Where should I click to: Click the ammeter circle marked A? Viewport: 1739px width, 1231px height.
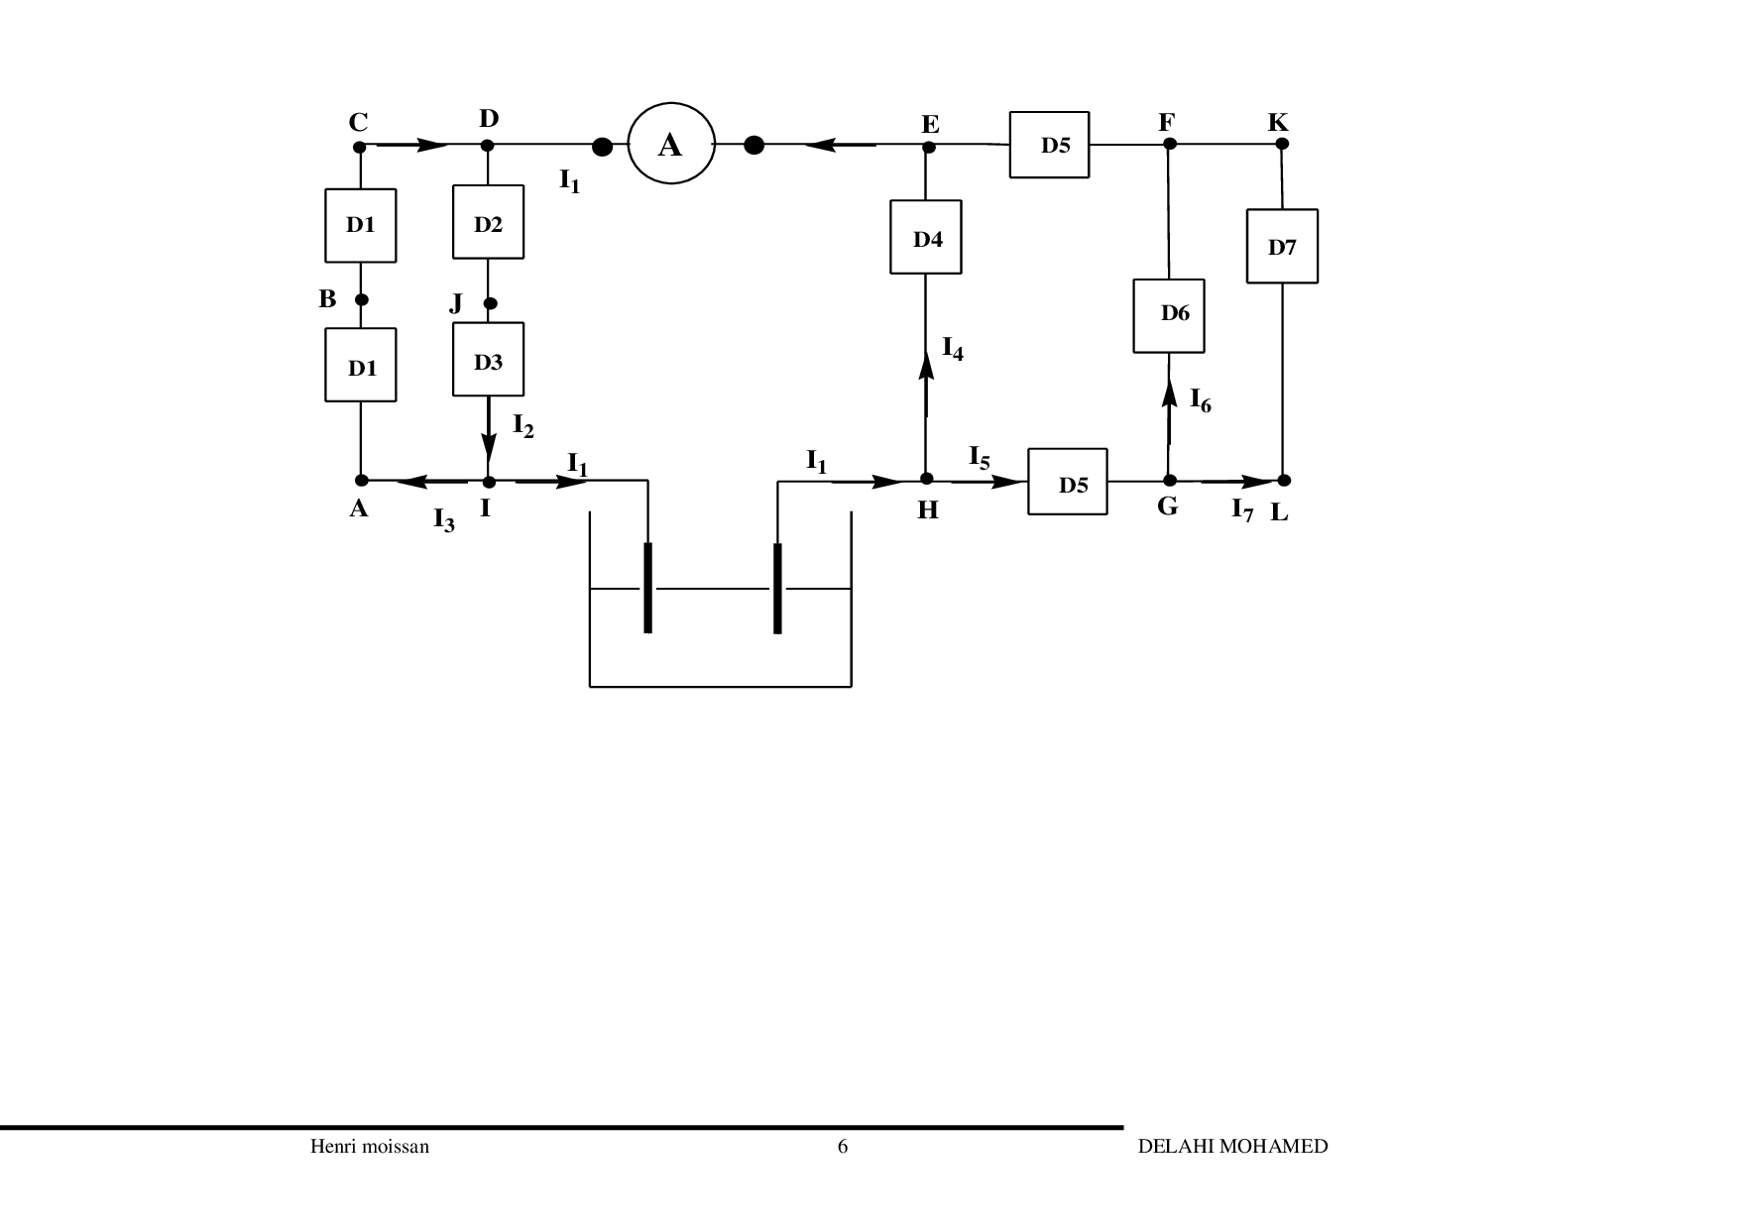pyautogui.click(x=671, y=144)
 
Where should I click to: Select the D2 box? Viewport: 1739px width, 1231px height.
pyautogui.click(x=488, y=222)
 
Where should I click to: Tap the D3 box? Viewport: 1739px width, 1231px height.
pyautogui.click(x=488, y=359)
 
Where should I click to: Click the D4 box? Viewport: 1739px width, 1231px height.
pyautogui.click(x=926, y=237)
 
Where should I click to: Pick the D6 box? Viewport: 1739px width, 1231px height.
pyautogui.click(x=1169, y=315)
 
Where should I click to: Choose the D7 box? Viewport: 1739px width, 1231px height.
pyautogui.click(x=1282, y=246)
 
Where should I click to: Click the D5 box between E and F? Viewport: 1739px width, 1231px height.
pyautogui.click(x=1050, y=145)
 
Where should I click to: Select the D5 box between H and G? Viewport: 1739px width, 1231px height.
pyautogui.click(x=1068, y=482)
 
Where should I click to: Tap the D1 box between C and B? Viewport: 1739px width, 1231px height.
pyautogui.click(x=361, y=225)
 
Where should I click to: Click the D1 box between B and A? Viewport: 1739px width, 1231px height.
pyautogui.click(x=361, y=366)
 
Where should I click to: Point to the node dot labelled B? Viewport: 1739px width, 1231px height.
pyautogui.click(x=362, y=299)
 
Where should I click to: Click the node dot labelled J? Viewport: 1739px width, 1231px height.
pyautogui.click(x=489, y=303)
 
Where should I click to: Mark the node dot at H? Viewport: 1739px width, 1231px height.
pyautogui.click(x=927, y=479)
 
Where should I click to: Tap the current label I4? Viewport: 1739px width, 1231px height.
pyautogui.click(x=952, y=348)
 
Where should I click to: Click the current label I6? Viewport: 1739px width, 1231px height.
pyautogui.click(x=1200, y=401)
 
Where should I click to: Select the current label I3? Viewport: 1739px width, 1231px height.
pyautogui.click(x=443, y=518)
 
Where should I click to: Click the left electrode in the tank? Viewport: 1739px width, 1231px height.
pyautogui.click(x=648, y=587)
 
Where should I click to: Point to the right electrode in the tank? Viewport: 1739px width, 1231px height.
pyautogui.click(x=777, y=587)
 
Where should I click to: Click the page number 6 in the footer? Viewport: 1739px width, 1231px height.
pyautogui.click(x=843, y=1147)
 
